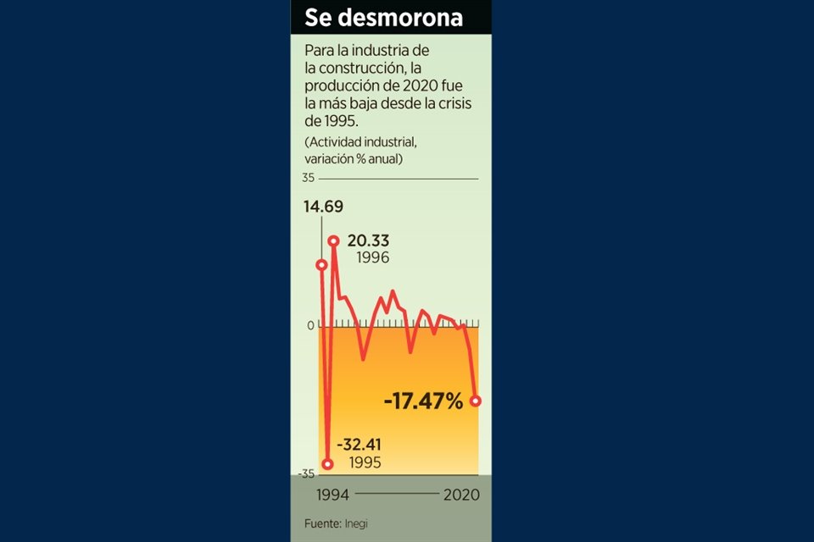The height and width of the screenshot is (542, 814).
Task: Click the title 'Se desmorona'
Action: pos(383,18)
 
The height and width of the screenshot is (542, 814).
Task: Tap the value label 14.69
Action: pos(323,207)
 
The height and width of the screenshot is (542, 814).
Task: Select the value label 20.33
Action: pos(368,241)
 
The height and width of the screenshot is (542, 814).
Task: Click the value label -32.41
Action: pos(360,445)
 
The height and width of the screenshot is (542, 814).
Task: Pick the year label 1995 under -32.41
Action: pos(360,462)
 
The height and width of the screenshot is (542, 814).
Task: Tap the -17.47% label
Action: pos(423,401)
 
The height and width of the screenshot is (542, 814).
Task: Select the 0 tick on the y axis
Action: pos(310,326)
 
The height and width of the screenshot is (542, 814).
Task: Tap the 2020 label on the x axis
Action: pos(461,495)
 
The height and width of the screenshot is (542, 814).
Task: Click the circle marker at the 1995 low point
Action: pos(328,463)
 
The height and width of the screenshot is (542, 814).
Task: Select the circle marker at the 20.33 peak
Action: pos(334,241)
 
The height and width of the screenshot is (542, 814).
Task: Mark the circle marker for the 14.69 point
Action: pos(321,264)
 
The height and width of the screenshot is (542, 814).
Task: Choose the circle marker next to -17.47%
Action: pos(476,401)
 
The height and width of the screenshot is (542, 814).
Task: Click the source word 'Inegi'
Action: pos(356,523)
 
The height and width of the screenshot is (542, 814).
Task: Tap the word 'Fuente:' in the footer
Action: pos(323,523)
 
